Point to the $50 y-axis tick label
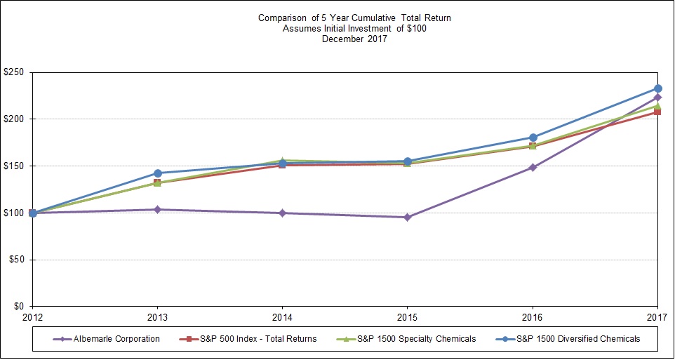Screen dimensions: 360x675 coord(15,260)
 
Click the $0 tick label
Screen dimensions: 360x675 coord(18,307)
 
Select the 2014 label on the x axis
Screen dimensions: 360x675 coord(282,317)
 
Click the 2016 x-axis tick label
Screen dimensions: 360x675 coord(533,317)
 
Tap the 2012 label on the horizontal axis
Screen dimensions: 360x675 coord(32,317)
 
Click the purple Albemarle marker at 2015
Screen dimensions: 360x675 coord(408,217)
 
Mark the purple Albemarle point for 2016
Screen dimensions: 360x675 coord(533,168)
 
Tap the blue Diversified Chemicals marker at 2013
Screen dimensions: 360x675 coord(157,173)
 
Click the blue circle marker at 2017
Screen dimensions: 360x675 coord(657,88)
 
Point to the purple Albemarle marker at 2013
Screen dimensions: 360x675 coord(157,209)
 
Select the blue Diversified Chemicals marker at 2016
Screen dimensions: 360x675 coord(533,138)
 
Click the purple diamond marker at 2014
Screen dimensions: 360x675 coord(282,213)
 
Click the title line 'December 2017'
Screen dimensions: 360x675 coord(354,39)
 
